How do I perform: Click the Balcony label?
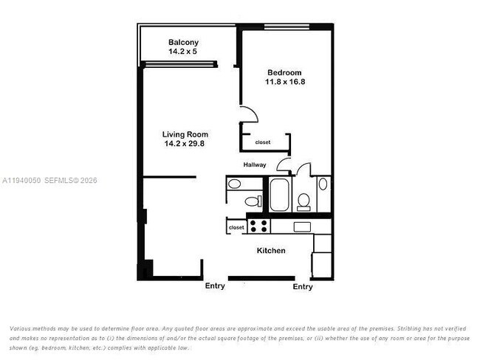[183, 42]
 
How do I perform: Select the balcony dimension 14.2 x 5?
[183, 52]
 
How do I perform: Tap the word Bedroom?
[284, 72]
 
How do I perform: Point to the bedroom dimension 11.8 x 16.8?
[284, 82]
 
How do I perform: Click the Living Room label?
[185, 134]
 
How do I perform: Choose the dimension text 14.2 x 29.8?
[185, 144]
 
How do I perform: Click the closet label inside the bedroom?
[263, 142]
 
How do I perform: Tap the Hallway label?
[255, 165]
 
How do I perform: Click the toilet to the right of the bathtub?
[303, 200]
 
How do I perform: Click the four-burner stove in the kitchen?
[258, 226]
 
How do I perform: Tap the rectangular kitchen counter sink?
[302, 226]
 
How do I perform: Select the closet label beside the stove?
[236, 228]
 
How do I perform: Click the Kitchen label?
[271, 251]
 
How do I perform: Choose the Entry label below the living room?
[215, 285]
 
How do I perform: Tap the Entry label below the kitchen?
[303, 286]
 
